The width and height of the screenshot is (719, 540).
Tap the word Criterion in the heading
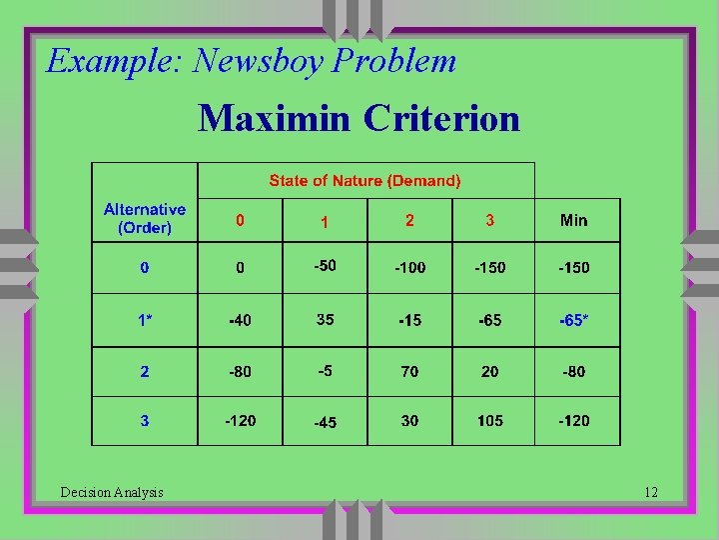pyautogui.click(x=441, y=118)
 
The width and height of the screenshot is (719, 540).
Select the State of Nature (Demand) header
pyautogui.click(x=365, y=181)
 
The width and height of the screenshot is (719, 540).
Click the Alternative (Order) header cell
pyautogui.click(x=145, y=219)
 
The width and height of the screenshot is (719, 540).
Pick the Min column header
pyautogui.click(x=574, y=220)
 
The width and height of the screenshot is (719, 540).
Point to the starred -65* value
pyautogui.click(x=574, y=321)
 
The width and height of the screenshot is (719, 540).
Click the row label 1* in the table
pyautogui.click(x=145, y=321)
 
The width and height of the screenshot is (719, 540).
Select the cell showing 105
pyautogui.click(x=490, y=421)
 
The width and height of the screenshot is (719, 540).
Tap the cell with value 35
pyautogui.click(x=325, y=320)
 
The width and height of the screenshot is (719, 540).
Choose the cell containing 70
pyautogui.click(x=409, y=371)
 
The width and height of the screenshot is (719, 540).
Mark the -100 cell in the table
pyautogui.click(x=409, y=268)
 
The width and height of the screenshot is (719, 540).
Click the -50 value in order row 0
pyautogui.click(x=325, y=265)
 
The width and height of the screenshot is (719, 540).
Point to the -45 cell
pyautogui.click(x=325, y=423)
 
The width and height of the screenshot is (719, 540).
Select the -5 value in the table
pyautogui.click(x=325, y=370)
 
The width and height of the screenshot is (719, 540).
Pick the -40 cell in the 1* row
pyautogui.click(x=240, y=321)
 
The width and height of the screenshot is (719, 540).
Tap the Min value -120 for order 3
pyautogui.click(x=574, y=421)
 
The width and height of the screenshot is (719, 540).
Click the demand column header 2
pyautogui.click(x=409, y=220)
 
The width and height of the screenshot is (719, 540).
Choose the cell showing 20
pyautogui.click(x=490, y=371)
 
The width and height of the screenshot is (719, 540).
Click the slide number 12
pyautogui.click(x=651, y=492)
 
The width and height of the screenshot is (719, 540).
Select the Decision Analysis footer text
pyautogui.click(x=112, y=492)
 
